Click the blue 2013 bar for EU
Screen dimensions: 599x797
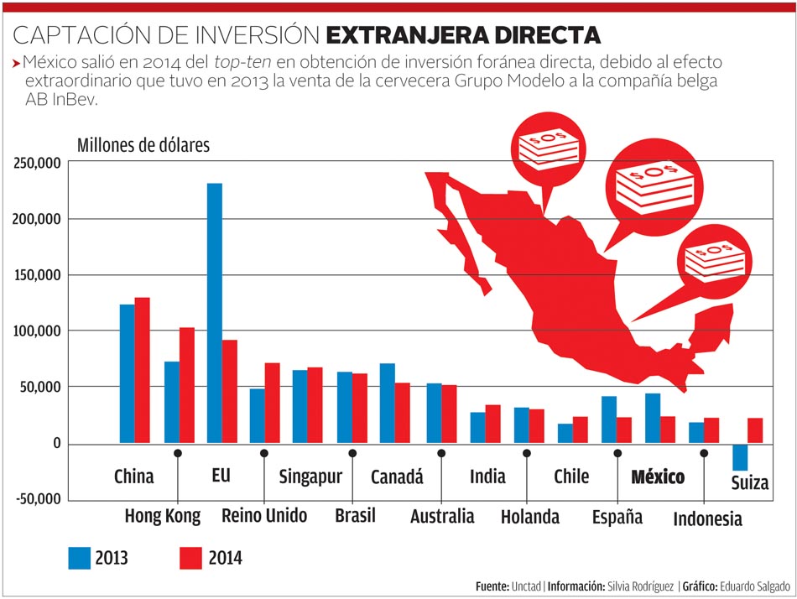coord(215,312)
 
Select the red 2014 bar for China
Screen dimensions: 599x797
coord(142,369)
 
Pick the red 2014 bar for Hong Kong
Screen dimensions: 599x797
coord(186,384)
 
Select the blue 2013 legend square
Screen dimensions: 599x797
coord(80,557)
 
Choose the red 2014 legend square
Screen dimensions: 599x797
coord(192,557)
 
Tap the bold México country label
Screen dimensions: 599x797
coord(658,477)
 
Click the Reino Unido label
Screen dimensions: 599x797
coord(264,515)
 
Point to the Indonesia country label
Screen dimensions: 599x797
coord(707,519)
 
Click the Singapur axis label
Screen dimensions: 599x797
coord(310,477)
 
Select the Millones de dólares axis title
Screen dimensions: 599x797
coord(143,144)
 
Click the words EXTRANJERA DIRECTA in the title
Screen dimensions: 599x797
coord(463,35)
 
